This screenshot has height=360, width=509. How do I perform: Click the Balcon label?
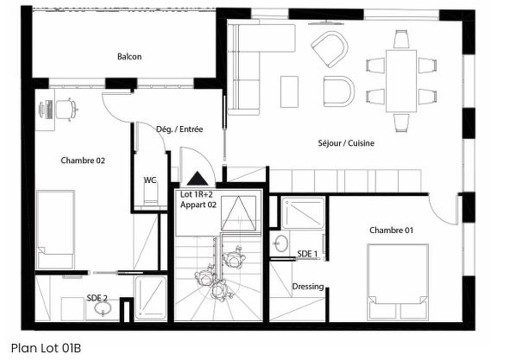click(129, 57)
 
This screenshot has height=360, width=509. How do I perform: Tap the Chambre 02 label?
click(83, 160)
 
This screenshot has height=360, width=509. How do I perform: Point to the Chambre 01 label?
click(391, 230)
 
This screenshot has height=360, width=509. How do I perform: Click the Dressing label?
click(308, 287)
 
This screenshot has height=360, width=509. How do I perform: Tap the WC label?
click(150, 180)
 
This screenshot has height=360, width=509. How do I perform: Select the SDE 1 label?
click(307, 254)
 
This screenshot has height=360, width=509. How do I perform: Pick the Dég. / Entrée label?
click(179, 129)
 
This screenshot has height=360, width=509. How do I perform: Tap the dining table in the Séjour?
click(401, 80)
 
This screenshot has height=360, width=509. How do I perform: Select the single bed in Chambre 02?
click(56, 229)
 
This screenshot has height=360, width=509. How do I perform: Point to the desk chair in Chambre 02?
click(66, 108)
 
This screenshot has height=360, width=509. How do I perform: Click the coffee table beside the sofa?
click(289, 91)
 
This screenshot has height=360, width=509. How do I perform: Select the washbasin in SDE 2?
click(106, 310)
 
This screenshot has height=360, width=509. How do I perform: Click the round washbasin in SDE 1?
click(279, 243)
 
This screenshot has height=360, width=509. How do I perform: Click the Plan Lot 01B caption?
click(46, 348)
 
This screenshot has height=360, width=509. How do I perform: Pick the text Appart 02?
click(199, 205)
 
